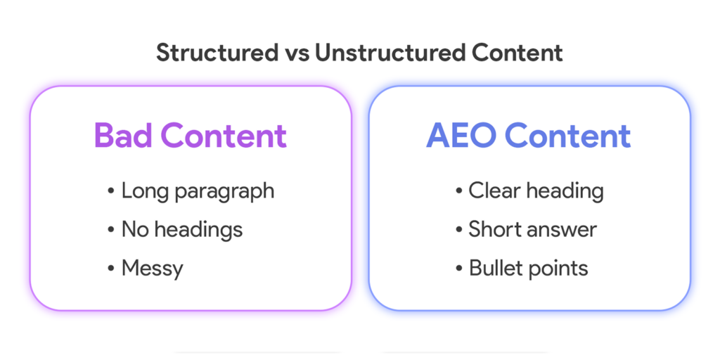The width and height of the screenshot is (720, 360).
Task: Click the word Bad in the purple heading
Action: point(123,136)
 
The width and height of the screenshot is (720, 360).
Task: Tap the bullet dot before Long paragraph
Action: point(111,191)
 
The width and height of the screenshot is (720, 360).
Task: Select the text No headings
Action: point(181,229)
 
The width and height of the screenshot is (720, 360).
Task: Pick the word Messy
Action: point(152,269)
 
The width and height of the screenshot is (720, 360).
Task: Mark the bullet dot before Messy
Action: point(111,268)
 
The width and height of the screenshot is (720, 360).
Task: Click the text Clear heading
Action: point(536,191)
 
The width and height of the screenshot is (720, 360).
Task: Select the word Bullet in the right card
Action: point(495,268)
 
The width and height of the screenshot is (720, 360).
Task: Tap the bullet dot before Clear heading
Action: point(458,191)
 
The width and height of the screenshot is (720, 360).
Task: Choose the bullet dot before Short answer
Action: point(458,230)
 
